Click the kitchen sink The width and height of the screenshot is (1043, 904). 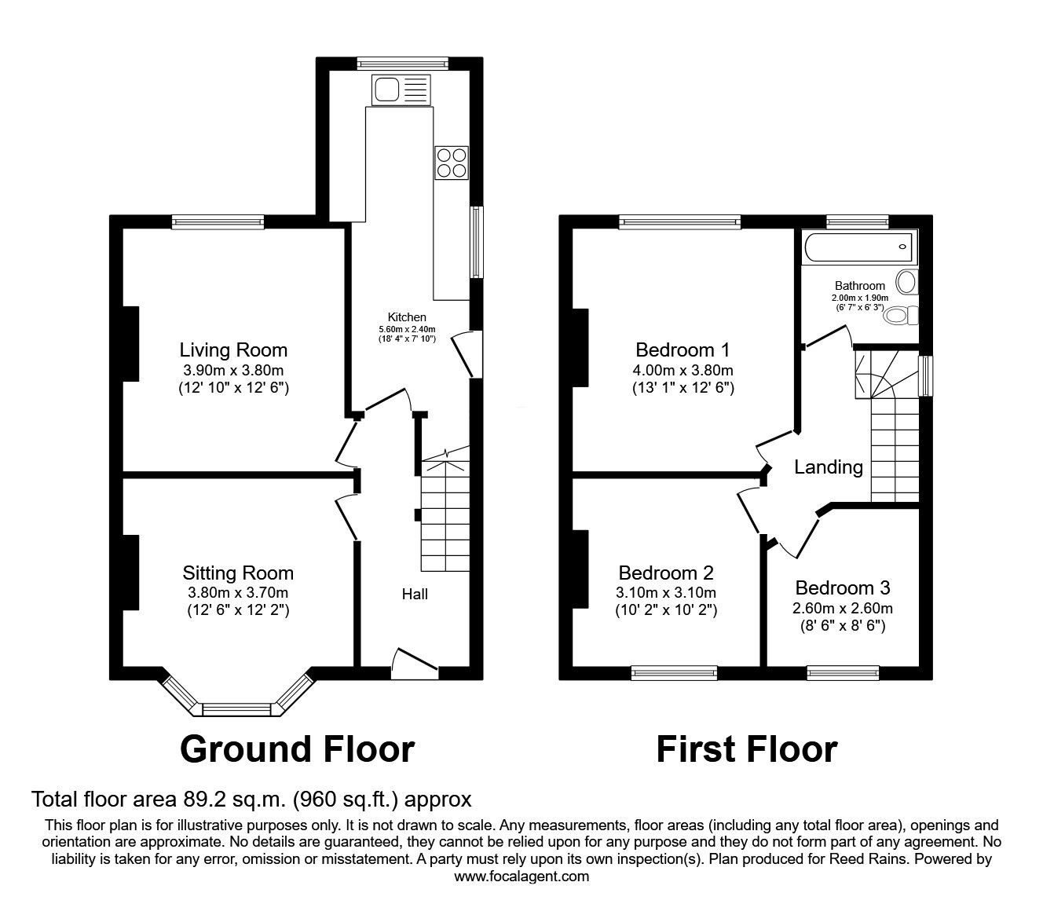click(x=401, y=90)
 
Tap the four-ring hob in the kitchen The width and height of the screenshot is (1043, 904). click(x=452, y=163)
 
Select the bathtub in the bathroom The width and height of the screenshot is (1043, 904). click(x=858, y=247)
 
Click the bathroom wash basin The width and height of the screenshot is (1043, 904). click(x=907, y=282)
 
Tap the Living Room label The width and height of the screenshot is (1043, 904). click(x=233, y=350)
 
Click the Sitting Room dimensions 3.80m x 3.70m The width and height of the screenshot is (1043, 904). click(x=238, y=592)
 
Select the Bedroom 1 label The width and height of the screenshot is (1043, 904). click(x=683, y=350)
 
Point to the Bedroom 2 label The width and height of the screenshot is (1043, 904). click(x=666, y=573)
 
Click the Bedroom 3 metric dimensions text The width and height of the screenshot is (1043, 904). click(x=842, y=608)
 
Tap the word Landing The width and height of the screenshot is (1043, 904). click(x=829, y=467)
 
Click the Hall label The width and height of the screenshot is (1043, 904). click(x=415, y=594)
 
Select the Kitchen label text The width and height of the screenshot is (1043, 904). click(x=407, y=317)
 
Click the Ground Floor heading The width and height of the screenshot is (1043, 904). click(x=297, y=749)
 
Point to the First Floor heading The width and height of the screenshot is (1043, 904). click(x=747, y=749)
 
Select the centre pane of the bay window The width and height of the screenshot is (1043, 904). click(x=238, y=710)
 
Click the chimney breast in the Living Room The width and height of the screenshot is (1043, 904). click(x=130, y=344)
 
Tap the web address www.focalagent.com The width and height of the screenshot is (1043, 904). click(x=521, y=877)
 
